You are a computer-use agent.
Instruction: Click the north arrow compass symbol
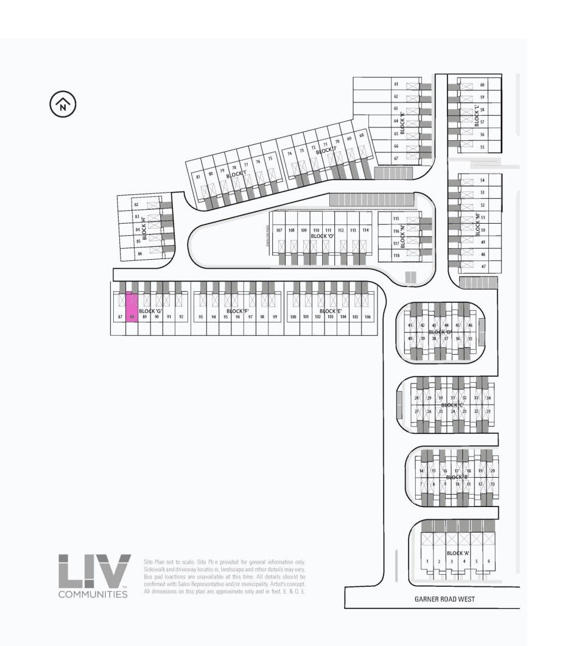63,105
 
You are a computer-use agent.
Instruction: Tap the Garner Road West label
444,599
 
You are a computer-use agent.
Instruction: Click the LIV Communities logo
94,575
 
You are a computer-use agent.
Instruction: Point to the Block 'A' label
458,553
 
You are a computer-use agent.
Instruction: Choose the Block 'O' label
323,236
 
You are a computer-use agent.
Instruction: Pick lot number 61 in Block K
396,84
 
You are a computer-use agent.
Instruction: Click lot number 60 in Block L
482,85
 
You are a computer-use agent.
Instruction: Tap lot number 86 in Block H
139,253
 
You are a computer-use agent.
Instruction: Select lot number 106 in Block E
367,317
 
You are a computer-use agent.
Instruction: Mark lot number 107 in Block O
279,230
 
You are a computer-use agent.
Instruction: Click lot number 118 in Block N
396,256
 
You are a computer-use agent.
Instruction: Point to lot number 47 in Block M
483,266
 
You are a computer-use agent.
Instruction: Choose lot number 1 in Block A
428,561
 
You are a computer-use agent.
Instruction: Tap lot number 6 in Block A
488,561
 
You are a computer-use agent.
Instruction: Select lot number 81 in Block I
198,177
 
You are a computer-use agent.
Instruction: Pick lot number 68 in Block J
362,135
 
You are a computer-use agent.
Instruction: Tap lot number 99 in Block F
275,317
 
